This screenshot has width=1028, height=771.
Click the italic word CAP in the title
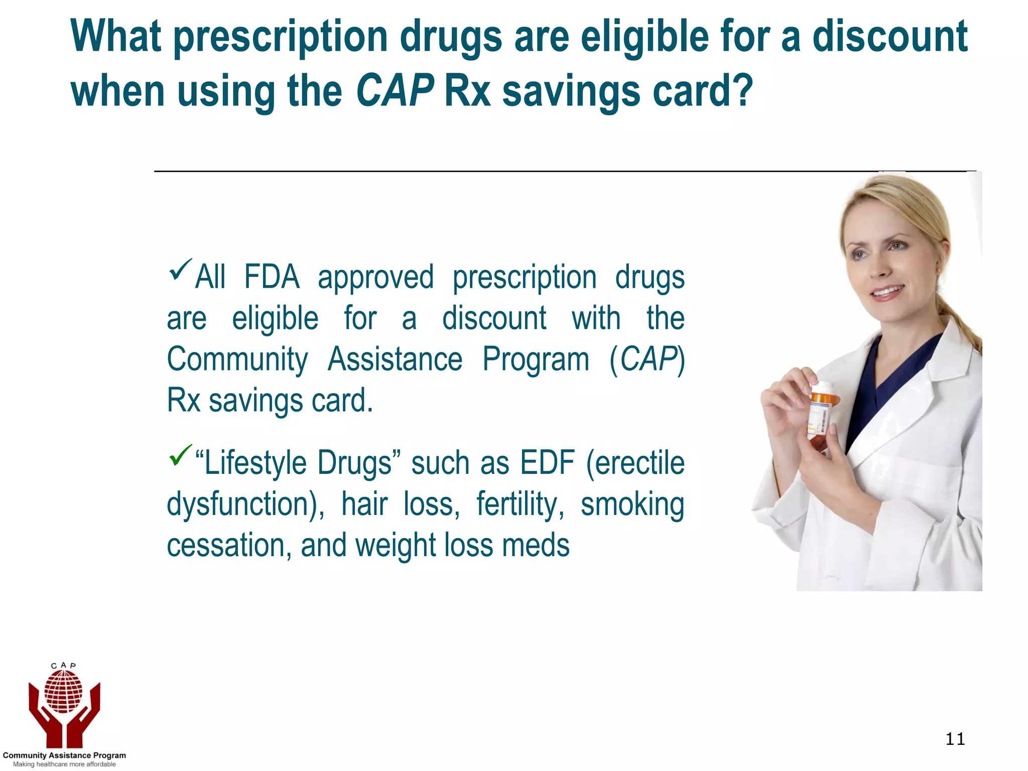(395, 90)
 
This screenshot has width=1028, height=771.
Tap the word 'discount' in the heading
(889, 36)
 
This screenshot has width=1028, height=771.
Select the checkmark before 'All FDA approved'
(180, 270)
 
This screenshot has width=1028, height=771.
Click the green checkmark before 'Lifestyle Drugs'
(180, 455)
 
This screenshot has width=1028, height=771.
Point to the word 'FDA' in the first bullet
(272, 277)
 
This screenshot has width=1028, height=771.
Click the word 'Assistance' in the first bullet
(395, 359)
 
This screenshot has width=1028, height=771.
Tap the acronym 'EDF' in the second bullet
(547, 463)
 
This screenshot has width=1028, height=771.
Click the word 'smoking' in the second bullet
(632, 505)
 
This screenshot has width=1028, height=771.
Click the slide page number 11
(955, 739)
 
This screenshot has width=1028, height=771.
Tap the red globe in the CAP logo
(63, 692)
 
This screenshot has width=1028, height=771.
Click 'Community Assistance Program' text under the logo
(64, 755)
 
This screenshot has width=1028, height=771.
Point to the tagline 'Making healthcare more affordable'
(64, 764)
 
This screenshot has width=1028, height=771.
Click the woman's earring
(938, 271)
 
